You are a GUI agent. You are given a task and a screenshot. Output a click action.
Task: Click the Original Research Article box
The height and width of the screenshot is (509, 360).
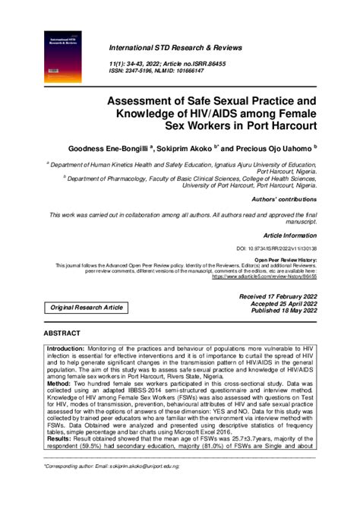[87, 307]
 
